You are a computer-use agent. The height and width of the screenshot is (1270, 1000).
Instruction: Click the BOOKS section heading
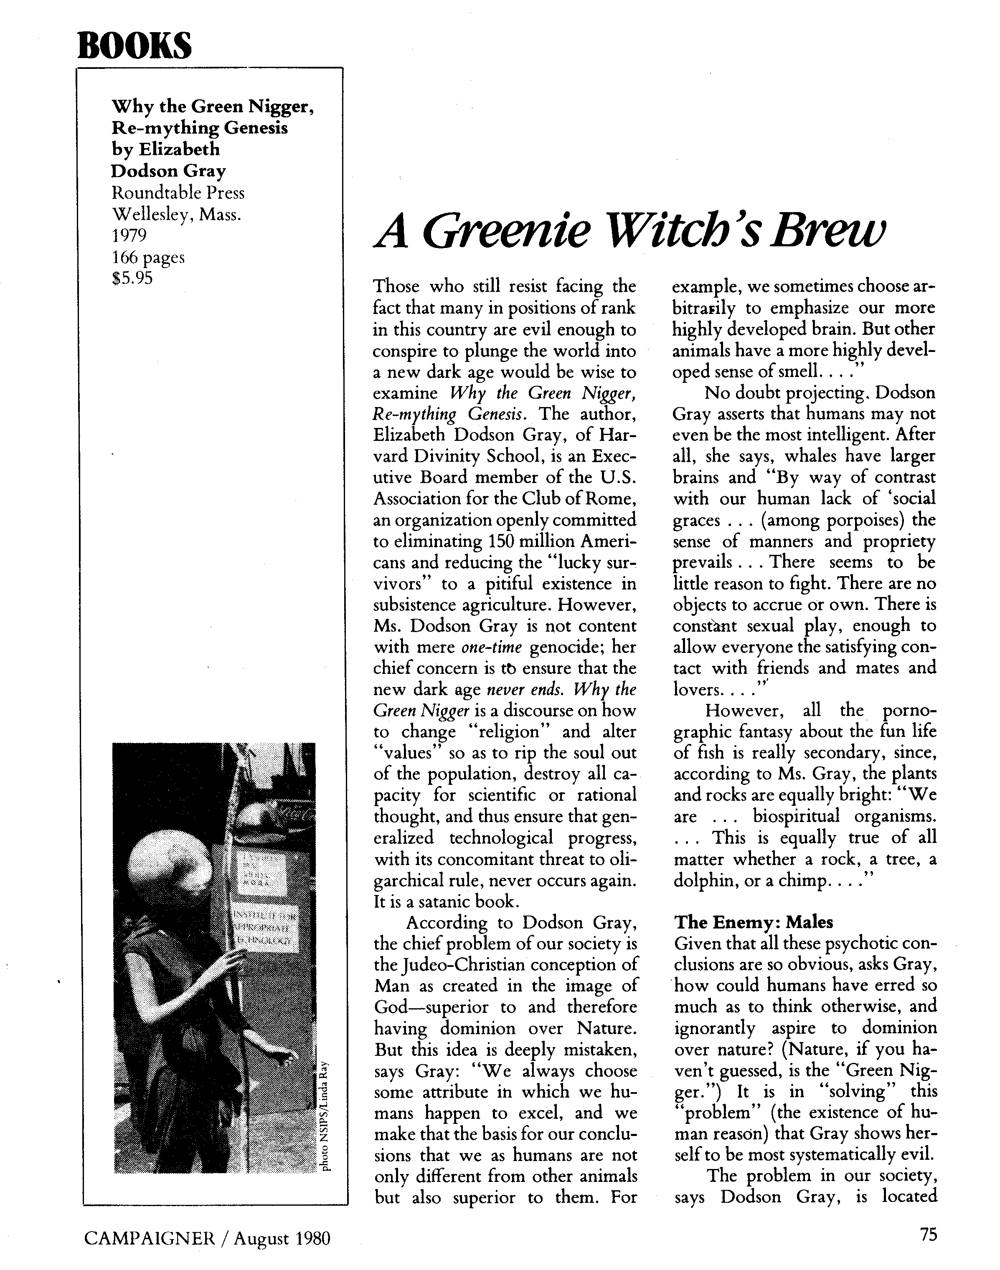pyautogui.click(x=134, y=45)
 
